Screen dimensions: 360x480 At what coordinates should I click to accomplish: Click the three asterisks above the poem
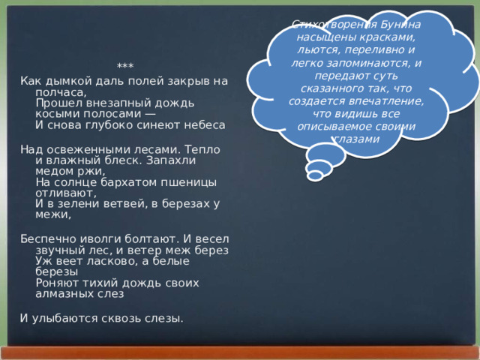click(125, 67)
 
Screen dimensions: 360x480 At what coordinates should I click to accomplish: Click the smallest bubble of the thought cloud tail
click(315, 175)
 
